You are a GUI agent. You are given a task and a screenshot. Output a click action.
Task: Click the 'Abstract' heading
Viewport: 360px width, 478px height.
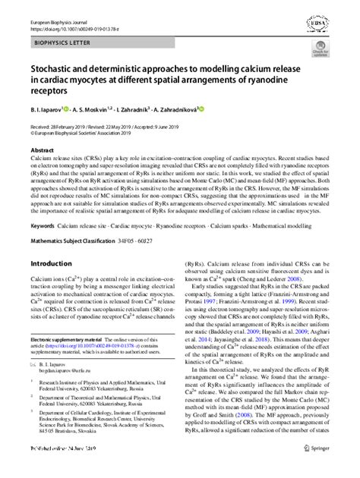pyautogui.click(x=41, y=151)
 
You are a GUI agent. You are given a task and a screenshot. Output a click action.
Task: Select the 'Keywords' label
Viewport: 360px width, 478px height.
pyautogui.click(x=43, y=225)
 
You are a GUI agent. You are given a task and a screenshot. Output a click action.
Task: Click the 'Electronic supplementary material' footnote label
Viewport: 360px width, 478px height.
pyautogui.click(x=70, y=338)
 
